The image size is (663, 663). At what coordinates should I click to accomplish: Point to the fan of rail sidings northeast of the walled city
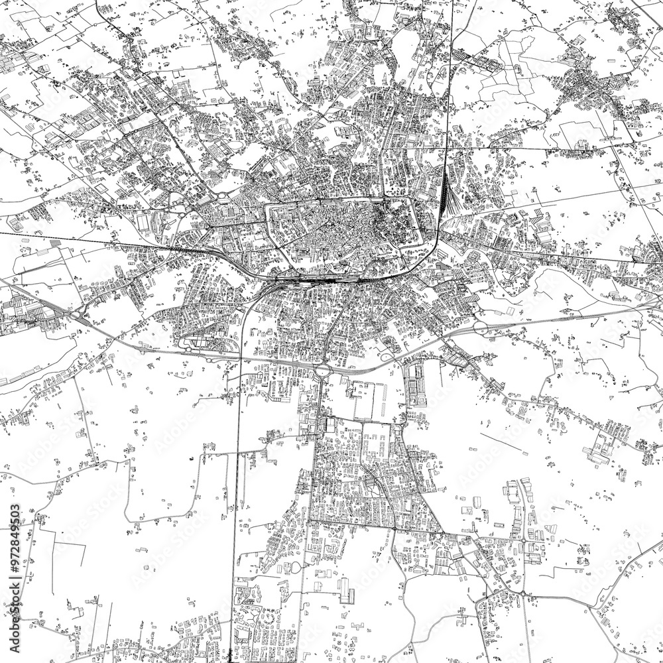point(446,192)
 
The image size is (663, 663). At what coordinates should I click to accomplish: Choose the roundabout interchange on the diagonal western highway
point(81,312)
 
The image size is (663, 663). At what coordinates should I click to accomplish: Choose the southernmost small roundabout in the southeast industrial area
point(522,592)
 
